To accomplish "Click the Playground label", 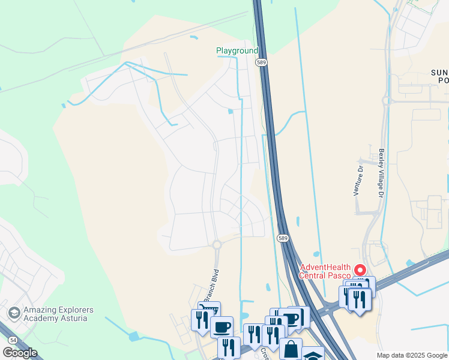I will (x=237, y=51).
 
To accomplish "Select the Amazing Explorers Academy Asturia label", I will (x=58, y=314).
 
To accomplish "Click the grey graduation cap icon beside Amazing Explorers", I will (x=14, y=313).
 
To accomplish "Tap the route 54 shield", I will (x=13, y=340).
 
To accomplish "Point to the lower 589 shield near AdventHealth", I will (x=284, y=238).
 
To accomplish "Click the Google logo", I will (x=19, y=353).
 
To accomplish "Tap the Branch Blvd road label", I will (x=209, y=285).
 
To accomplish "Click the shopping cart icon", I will (x=209, y=311).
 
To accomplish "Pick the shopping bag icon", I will (x=291, y=348).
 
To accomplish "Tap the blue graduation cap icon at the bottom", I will (x=313, y=355).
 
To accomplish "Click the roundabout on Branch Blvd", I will (x=217, y=244).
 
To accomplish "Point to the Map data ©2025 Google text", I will (x=412, y=355).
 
